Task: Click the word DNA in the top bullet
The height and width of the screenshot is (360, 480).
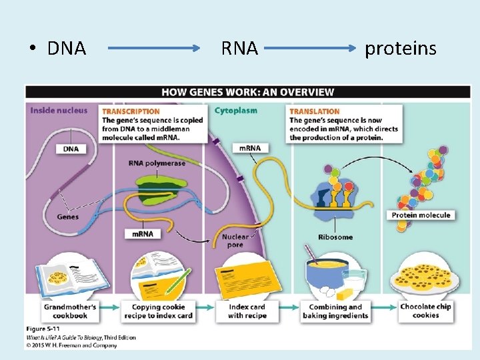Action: (x=67, y=49)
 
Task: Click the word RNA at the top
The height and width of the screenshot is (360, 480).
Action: (x=240, y=49)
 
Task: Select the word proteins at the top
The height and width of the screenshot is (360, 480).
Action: (x=400, y=49)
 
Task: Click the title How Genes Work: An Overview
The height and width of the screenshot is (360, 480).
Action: (x=247, y=92)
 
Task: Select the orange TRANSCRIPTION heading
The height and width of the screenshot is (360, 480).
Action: (x=131, y=111)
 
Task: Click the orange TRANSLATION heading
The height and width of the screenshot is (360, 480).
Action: (x=315, y=111)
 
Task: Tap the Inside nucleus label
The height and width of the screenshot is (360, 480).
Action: (x=59, y=111)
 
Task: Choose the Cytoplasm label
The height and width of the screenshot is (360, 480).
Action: (x=237, y=111)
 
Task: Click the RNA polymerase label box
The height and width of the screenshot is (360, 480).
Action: (x=157, y=163)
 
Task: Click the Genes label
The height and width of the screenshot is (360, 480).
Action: (x=67, y=217)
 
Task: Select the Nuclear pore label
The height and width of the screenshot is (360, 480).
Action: (x=235, y=241)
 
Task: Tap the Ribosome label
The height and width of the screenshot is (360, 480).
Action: (x=335, y=237)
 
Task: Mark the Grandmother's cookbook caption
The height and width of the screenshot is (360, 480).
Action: (x=70, y=311)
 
